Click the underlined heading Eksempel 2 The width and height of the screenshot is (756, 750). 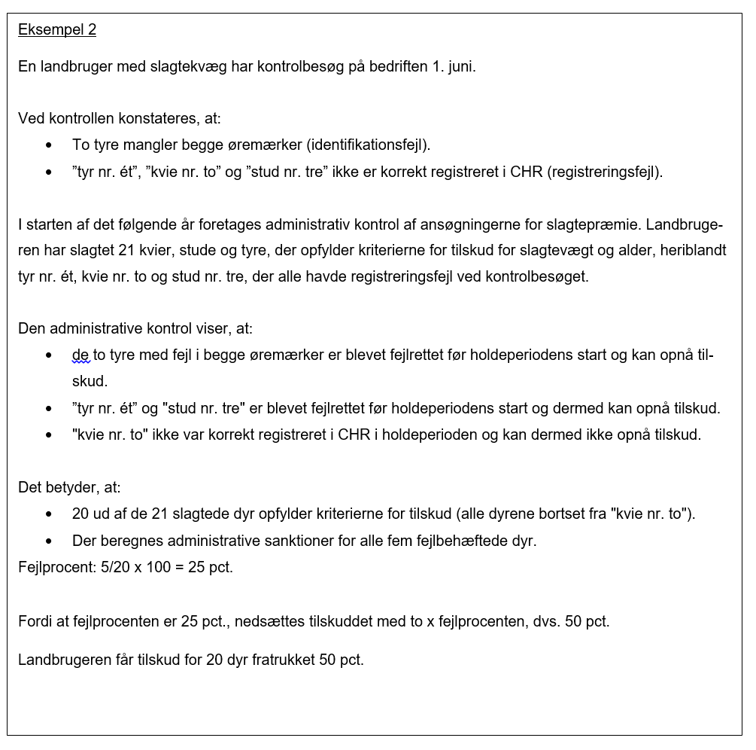(57, 30)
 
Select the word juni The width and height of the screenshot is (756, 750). (460, 66)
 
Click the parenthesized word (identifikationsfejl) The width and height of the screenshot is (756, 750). (368, 145)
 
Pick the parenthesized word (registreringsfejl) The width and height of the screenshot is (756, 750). (606, 172)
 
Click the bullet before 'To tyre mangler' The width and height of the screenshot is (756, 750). (49, 145)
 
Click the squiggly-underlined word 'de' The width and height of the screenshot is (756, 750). (80, 355)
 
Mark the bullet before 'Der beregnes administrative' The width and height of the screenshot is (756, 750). (49, 541)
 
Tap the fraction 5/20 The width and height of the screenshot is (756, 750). (115, 567)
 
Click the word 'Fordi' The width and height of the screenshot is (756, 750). (35, 622)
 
